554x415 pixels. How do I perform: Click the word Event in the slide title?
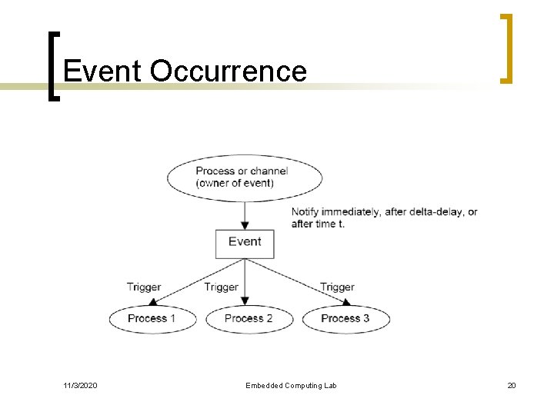(102, 71)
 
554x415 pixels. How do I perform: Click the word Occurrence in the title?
(229, 71)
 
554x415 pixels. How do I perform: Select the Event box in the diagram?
(245, 242)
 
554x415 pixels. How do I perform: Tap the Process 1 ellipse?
(152, 318)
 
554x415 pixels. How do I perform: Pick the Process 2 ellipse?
(249, 318)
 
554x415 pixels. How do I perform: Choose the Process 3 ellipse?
(345, 318)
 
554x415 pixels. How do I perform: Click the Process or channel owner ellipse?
(245, 178)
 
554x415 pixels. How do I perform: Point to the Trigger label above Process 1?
(144, 287)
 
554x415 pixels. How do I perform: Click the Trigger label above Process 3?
(337, 287)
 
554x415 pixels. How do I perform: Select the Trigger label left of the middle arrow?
(221, 287)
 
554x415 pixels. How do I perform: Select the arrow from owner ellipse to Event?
(245, 214)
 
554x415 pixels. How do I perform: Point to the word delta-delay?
(436, 212)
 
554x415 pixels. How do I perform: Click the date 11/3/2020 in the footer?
(80, 385)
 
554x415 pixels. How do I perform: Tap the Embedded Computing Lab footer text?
(291, 385)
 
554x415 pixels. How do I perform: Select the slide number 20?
(511, 385)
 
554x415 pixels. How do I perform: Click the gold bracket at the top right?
(506, 48)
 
